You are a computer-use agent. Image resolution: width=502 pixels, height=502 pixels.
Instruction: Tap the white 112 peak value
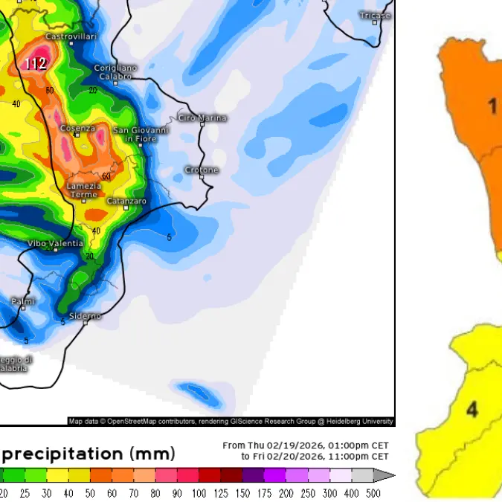pos(35,64)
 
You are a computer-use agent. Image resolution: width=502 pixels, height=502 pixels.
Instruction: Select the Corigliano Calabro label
pos(115,72)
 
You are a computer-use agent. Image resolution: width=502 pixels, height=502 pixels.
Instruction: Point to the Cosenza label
pos(77,129)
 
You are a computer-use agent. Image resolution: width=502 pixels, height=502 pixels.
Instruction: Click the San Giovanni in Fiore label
pos(141,135)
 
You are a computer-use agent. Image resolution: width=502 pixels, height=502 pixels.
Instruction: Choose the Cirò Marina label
pos(202,118)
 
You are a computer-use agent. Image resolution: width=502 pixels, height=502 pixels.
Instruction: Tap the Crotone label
pos(202,170)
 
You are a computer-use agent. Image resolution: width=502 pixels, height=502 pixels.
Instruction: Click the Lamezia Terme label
pos(83,190)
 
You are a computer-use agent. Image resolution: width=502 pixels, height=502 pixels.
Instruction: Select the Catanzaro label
pos(126,202)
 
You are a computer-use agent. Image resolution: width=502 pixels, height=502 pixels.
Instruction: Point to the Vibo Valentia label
pos(56,243)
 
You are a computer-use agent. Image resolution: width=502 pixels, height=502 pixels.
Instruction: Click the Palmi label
pos(23,301)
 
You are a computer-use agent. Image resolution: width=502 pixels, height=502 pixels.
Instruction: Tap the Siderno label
pos(85,316)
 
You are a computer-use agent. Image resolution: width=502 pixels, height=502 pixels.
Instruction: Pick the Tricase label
pos(375,16)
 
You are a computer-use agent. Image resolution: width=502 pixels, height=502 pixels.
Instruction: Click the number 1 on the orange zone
pos(492,107)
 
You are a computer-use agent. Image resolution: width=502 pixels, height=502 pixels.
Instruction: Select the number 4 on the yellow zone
pos(472,409)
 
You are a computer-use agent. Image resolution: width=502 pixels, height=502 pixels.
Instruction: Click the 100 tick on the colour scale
pos(199,492)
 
